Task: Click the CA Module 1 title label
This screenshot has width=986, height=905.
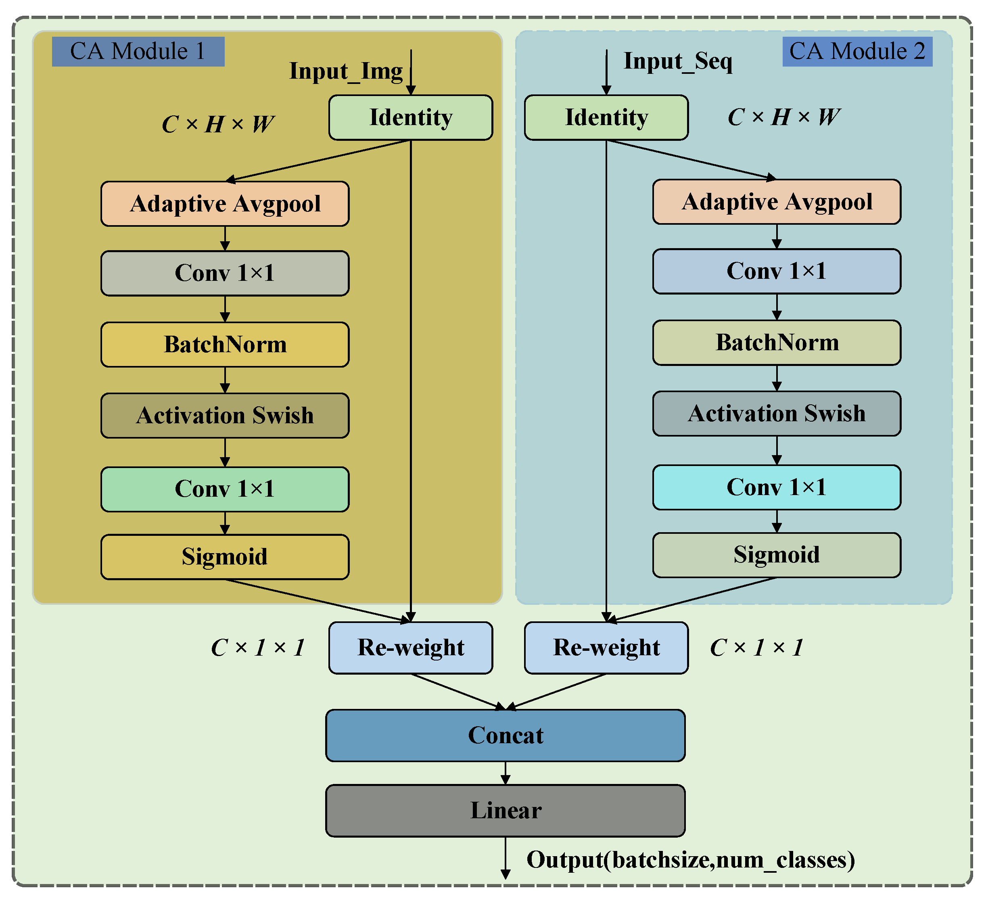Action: point(138,51)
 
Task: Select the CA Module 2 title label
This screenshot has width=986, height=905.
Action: point(857,51)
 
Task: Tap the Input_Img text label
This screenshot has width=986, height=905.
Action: point(346,71)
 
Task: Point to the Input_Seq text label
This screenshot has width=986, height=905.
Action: point(677,61)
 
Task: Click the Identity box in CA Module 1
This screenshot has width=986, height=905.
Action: point(410,117)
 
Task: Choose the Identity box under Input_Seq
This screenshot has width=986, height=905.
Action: point(606,117)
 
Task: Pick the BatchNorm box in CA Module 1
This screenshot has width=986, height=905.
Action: point(225,344)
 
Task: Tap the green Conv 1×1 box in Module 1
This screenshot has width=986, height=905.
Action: point(225,489)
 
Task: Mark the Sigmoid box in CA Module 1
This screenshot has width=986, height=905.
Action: point(225,556)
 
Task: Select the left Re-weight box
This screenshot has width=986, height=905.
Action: point(410,648)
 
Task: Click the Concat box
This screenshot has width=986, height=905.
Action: point(505,735)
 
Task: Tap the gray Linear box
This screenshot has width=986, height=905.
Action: point(505,811)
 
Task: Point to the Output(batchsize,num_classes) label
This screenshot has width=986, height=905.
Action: point(690,860)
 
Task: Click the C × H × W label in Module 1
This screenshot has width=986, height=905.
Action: point(217,124)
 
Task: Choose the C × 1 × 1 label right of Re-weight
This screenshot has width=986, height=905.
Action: point(756,648)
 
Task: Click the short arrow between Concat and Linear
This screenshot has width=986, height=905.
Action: point(505,773)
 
